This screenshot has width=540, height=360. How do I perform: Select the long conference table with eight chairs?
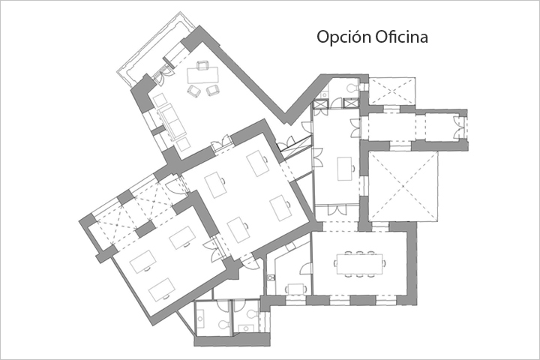coord(359,264)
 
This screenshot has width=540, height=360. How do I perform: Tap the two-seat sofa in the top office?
coord(172,121)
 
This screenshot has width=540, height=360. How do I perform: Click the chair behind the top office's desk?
coord(202,65)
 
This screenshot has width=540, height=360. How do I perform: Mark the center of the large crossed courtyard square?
coord(403,186)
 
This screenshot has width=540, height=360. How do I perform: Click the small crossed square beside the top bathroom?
coord(392,91)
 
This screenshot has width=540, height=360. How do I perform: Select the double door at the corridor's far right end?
coord(459,127)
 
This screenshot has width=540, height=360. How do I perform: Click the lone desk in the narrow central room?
coord(345,169)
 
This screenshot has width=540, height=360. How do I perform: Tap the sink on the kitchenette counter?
coord(271,277)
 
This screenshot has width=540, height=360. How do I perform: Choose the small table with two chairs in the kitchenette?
coord(295,289)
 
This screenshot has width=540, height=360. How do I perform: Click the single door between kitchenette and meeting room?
coord(306,268)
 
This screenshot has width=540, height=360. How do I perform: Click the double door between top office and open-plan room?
coord(221,142)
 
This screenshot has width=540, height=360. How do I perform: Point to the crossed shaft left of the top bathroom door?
coord(319,104)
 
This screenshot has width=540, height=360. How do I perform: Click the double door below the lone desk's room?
coord(336,209)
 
